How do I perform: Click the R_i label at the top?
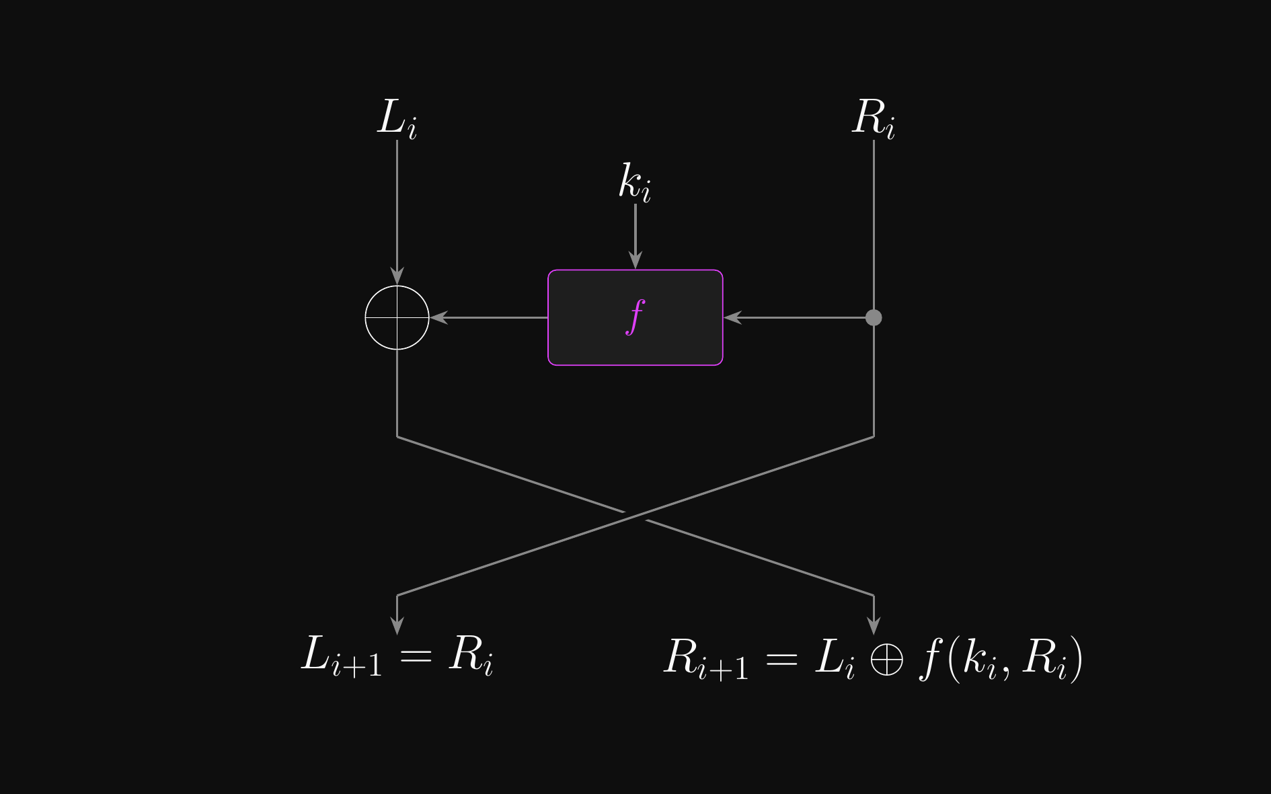[x=873, y=118]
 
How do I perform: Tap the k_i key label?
[x=635, y=182]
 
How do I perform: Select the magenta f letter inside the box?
[x=635, y=317]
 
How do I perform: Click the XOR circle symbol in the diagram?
[x=397, y=317]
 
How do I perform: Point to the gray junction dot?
[x=874, y=317]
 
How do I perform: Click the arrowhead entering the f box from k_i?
[x=635, y=261]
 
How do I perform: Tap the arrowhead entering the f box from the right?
[x=732, y=317]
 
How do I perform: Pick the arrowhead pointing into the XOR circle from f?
[x=439, y=317]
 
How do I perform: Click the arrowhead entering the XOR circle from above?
[x=397, y=276]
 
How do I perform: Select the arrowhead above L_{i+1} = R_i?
[x=397, y=625]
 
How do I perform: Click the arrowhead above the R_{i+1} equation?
[x=874, y=625]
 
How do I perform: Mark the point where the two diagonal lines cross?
[x=635, y=516]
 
